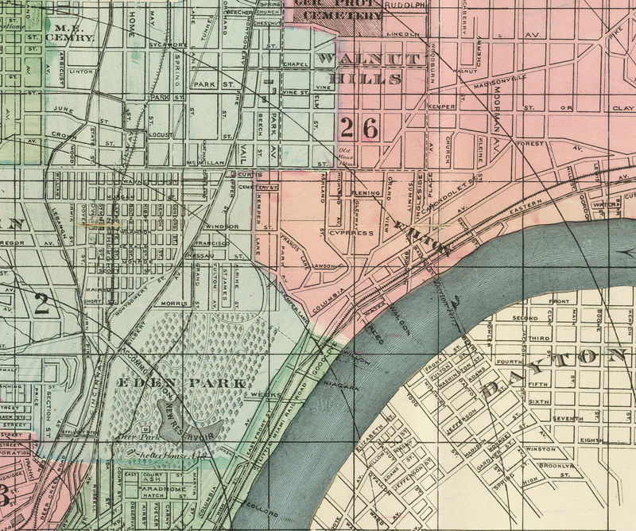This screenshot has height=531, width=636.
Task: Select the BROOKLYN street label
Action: (556, 465)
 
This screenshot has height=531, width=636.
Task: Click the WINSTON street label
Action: (541, 449)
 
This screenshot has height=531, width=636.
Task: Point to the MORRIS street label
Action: (175, 303)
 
